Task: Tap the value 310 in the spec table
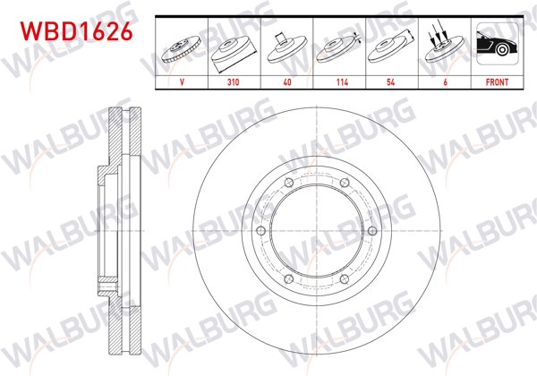[234, 81]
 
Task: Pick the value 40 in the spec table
[286, 81]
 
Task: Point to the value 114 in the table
[337, 81]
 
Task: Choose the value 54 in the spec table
[389, 81]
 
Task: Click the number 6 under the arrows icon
[441, 81]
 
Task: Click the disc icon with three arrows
[441, 45]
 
